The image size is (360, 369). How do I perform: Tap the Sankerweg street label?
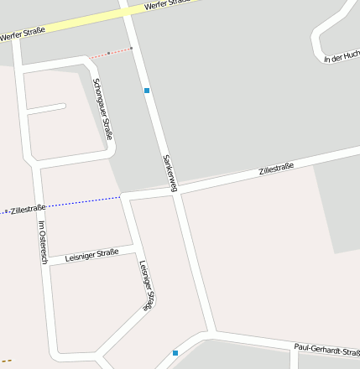pos(169,173)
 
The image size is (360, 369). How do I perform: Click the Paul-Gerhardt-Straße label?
pos(326,348)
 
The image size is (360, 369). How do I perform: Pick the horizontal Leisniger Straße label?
pos(91,253)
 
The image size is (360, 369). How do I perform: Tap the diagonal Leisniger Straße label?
pos(147,286)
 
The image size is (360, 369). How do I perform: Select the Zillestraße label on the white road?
pos(276,169)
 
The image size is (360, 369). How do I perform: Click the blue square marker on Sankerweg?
pos(147,90)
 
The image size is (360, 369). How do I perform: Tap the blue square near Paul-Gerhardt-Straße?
pos(175,353)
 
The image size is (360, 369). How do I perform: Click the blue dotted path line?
pos(84,201)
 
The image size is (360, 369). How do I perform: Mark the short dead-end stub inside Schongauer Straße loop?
pos(47,108)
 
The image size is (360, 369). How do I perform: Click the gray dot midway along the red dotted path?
pos(108,53)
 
